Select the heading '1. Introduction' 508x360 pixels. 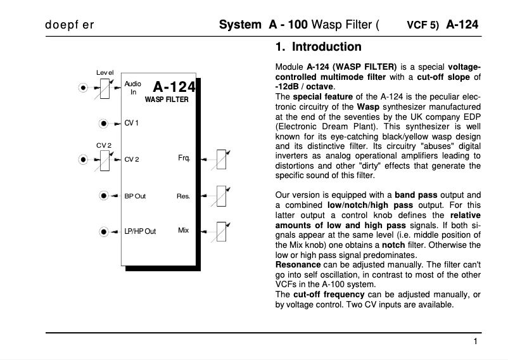tap(318, 47)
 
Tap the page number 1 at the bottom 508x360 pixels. tap(475, 342)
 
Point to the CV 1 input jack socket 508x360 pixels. tap(103, 123)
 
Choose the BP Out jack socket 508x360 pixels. tap(103, 196)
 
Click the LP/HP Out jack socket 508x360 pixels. tap(103, 232)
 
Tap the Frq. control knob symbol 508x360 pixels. tap(221, 159)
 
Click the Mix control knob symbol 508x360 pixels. tap(221, 231)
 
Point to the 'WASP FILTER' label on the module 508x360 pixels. tap(167, 100)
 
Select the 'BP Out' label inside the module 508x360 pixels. tap(135, 196)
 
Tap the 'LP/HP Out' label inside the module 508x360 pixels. tap(140, 232)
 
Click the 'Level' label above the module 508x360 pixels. tap(105, 72)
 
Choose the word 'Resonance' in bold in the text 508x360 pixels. tap(298, 264)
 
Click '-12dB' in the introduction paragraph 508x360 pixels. tap(288, 86)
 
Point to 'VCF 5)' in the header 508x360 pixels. tap(422, 27)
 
